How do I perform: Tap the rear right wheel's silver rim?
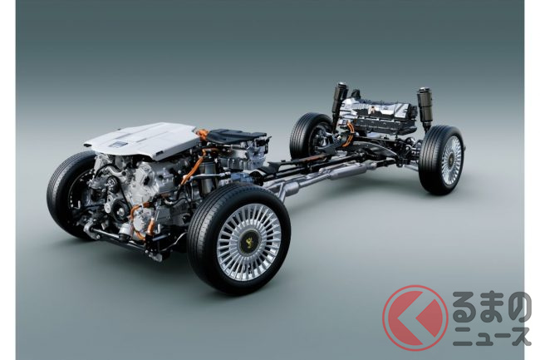(450, 161)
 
